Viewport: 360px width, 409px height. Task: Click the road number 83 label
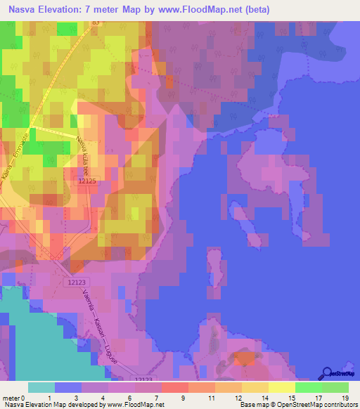96,22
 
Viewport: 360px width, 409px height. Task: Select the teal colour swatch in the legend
41,387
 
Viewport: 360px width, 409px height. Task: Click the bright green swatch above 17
308,387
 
